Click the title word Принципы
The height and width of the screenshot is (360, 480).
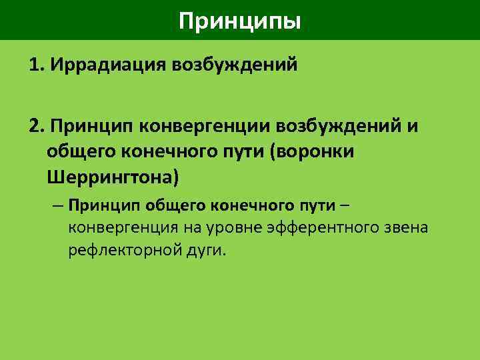(x=240, y=21)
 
